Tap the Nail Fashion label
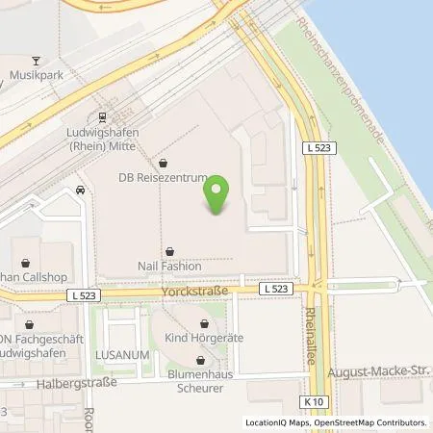click(x=169, y=267)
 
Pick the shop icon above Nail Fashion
click(x=169, y=250)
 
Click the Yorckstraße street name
click(x=207, y=289)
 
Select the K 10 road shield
click(x=311, y=399)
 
